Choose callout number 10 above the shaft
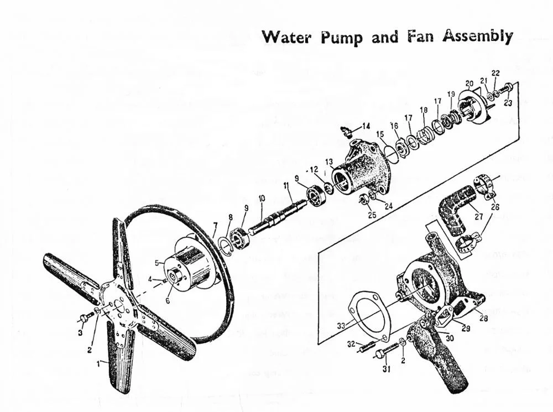pos(262,198)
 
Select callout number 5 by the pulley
pos(157,263)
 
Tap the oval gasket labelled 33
pos(369,316)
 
